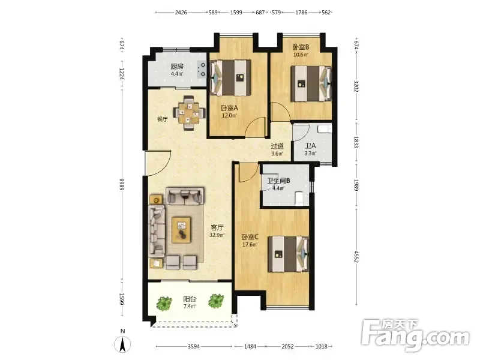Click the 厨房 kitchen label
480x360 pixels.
pyautogui.click(x=177, y=67)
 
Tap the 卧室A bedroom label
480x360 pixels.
pyautogui.click(x=229, y=108)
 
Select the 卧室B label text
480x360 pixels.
pyautogui.click(x=301, y=47)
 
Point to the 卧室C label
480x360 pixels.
pyautogui.click(x=250, y=237)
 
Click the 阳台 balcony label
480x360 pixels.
pyautogui.click(x=190, y=299)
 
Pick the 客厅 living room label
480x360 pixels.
pyautogui.click(x=217, y=227)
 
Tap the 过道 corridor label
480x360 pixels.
pyautogui.click(x=277, y=146)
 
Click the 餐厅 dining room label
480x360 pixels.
pyautogui.click(x=162, y=119)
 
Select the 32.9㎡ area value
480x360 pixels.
pyautogui.click(x=217, y=235)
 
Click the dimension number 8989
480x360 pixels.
pyautogui.click(x=122, y=184)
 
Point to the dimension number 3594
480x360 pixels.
pyautogui.click(x=193, y=346)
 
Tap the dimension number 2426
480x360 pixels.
pyautogui.click(x=181, y=12)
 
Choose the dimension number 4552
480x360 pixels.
pyautogui.click(x=356, y=257)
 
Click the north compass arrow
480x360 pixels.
pyautogui.click(x=122, y=344)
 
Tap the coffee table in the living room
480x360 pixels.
pyautogui.click(x=181, y=230)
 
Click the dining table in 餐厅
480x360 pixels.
pyautogui.click(x=188, y=113)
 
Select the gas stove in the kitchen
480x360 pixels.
pyautogui.click(x=202, y=69)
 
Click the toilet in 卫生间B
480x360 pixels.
pyautogui.click(x=299, y=199)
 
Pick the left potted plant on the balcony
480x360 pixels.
pyautogui.click(x=164, y=303)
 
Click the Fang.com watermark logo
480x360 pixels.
pyautogui.click(x=415, y=335)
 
